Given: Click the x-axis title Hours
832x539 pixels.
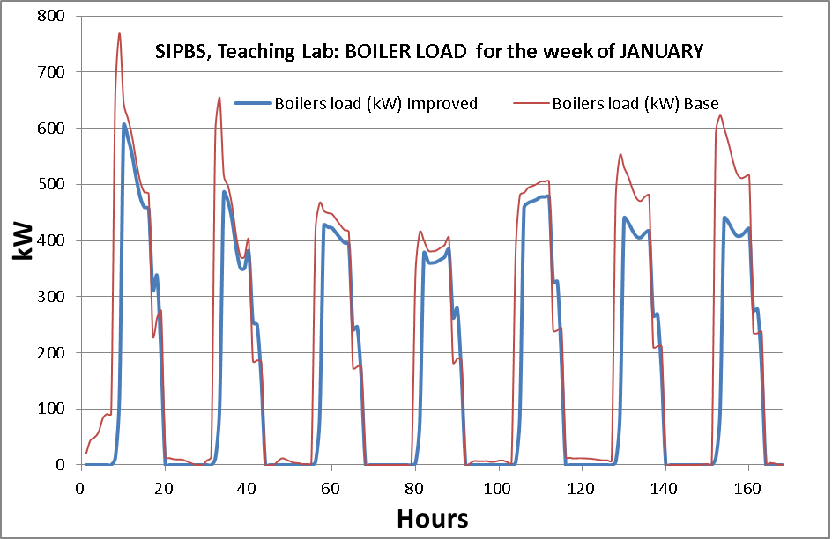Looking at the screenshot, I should click(432, 517).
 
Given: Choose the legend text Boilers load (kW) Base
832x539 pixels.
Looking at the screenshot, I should click(635, 104).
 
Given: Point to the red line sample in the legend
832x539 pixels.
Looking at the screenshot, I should click(528, 104).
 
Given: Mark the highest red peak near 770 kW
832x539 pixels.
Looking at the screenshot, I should click(120, 33).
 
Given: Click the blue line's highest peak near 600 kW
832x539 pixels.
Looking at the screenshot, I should click(124, 124).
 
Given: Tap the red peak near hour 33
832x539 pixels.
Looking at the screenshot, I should click(219, 98).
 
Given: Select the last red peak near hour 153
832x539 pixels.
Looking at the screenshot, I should click(720, 115).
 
